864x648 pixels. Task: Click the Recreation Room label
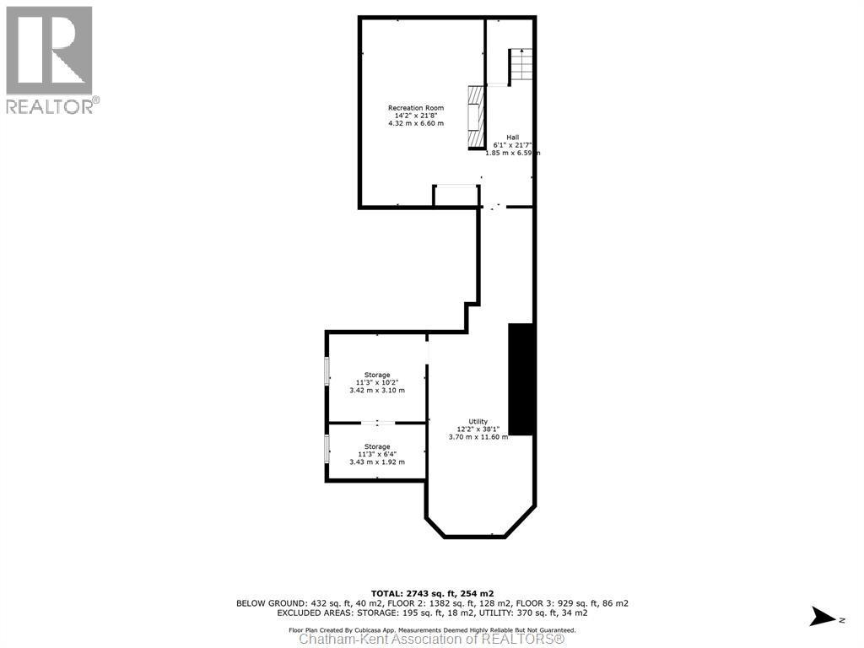(415, 108)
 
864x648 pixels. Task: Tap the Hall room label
(512, 138)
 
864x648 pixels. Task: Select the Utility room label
(478, 421)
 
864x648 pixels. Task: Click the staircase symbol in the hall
(521, 65)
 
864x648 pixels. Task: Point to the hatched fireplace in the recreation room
(478, 116)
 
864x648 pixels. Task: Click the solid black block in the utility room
(521, 379)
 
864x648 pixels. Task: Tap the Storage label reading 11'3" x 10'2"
(377, 375)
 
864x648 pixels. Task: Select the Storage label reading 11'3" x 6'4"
(377, 446)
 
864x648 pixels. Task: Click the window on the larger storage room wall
(327, 371)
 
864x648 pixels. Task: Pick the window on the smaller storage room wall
(327, 449)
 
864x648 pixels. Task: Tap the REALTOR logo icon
(49, 50)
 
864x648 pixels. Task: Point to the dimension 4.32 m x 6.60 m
(415, 124)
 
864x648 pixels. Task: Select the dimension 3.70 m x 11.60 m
(478, 437)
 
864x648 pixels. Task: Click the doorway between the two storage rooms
(377, 423)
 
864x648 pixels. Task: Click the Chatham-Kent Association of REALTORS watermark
(432, 640)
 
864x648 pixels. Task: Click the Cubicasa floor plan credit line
(432, 629)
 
